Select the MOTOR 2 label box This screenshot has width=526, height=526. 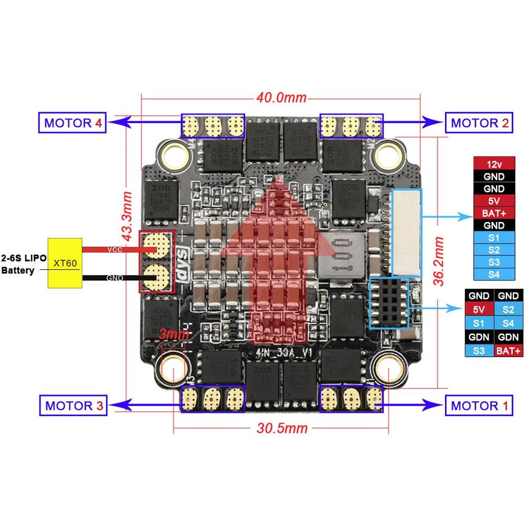tap(479, 124)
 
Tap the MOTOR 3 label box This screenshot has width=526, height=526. tap(73, 406)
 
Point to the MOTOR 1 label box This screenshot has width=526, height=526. tap(479, 406)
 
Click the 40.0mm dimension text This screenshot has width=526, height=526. tap(281, 98)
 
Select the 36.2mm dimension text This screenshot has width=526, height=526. tap(438, 261)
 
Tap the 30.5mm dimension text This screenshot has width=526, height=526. tap(281, 428)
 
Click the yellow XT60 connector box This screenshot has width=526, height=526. tap(65, 263)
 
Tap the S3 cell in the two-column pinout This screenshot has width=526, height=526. tap(478, 350)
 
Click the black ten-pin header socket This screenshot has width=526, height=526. tap(389, 304)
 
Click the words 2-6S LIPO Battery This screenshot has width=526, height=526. tap(24, 265)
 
